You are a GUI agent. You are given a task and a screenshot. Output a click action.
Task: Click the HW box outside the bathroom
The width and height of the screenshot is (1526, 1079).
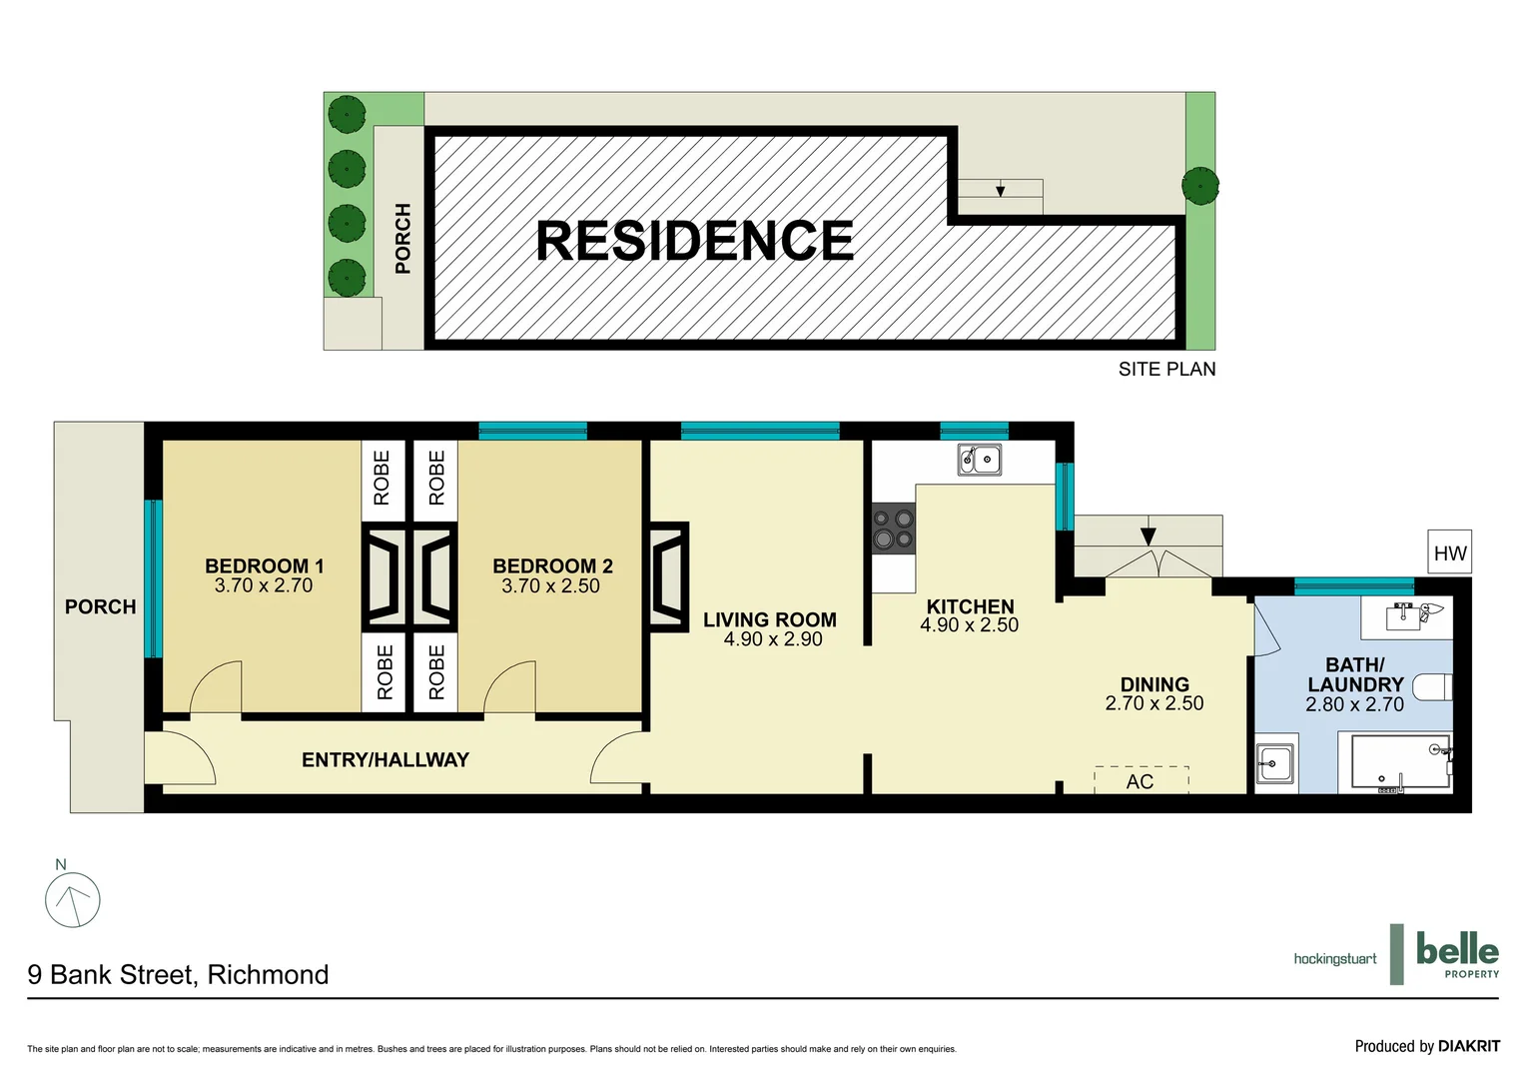click(1449, 552)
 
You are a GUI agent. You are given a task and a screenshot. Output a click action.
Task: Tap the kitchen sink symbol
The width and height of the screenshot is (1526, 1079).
click(980, 460)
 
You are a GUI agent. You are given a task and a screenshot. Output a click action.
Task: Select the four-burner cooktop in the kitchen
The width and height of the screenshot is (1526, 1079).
click(894, 530)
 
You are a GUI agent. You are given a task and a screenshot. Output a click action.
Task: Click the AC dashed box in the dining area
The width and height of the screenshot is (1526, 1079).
click(1141, 780)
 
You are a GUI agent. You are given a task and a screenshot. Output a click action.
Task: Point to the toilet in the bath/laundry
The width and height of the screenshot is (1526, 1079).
click(1432, 687)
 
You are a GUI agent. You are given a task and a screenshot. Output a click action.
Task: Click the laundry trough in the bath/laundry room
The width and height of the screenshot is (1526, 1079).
click(1275, 765)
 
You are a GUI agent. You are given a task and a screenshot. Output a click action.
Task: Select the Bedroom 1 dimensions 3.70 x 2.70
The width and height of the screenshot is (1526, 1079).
click(264, 586)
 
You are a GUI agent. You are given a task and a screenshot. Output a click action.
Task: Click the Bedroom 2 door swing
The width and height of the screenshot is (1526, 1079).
click(511, 689)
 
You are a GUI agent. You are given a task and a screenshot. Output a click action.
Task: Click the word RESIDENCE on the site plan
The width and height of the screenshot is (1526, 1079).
click(695, 241)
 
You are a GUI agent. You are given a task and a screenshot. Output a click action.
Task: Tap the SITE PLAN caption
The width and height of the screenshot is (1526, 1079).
click(1166, 369)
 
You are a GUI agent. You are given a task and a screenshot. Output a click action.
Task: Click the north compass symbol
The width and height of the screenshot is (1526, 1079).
click(73, 898)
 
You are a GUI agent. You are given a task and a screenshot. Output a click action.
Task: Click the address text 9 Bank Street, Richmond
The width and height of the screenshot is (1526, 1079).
click(178, 974)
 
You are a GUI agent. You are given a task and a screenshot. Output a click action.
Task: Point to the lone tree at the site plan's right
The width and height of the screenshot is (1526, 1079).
click(1199, 186)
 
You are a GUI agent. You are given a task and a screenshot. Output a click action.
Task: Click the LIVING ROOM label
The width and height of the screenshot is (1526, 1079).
click(769, 619)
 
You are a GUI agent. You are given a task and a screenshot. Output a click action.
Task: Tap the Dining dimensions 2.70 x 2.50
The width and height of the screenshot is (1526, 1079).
click(1154, 703)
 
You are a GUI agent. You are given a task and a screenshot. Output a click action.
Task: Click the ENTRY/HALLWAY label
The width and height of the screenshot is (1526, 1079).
click(385, 760)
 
